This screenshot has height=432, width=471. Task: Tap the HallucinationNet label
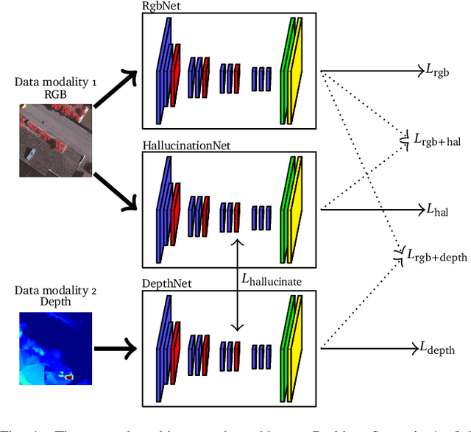186,146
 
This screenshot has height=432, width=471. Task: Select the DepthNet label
163,283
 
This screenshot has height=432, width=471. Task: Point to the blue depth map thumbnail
55,347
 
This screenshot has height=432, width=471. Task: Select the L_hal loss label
437,210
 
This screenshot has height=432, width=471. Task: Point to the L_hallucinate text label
272,280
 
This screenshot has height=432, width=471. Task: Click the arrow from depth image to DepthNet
116,347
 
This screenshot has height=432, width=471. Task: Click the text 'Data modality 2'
55,291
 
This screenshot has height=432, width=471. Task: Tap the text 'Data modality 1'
55,81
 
